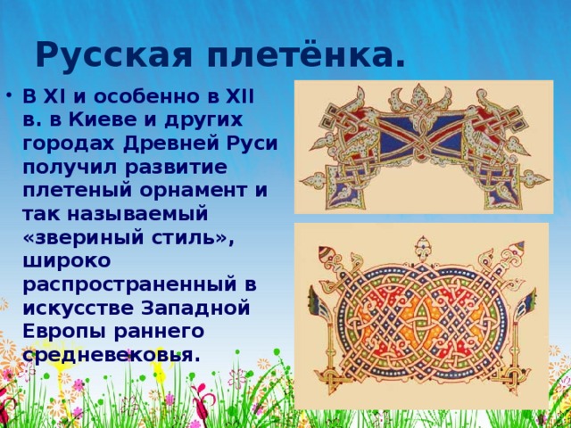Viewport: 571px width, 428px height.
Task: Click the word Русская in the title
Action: (x=114, y=55)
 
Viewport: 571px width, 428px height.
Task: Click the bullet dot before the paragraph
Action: (x=9, y=93)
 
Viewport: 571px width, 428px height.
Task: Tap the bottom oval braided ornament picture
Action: (x=420, y=314)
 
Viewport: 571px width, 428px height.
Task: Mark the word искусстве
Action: (x=80, y=308)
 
